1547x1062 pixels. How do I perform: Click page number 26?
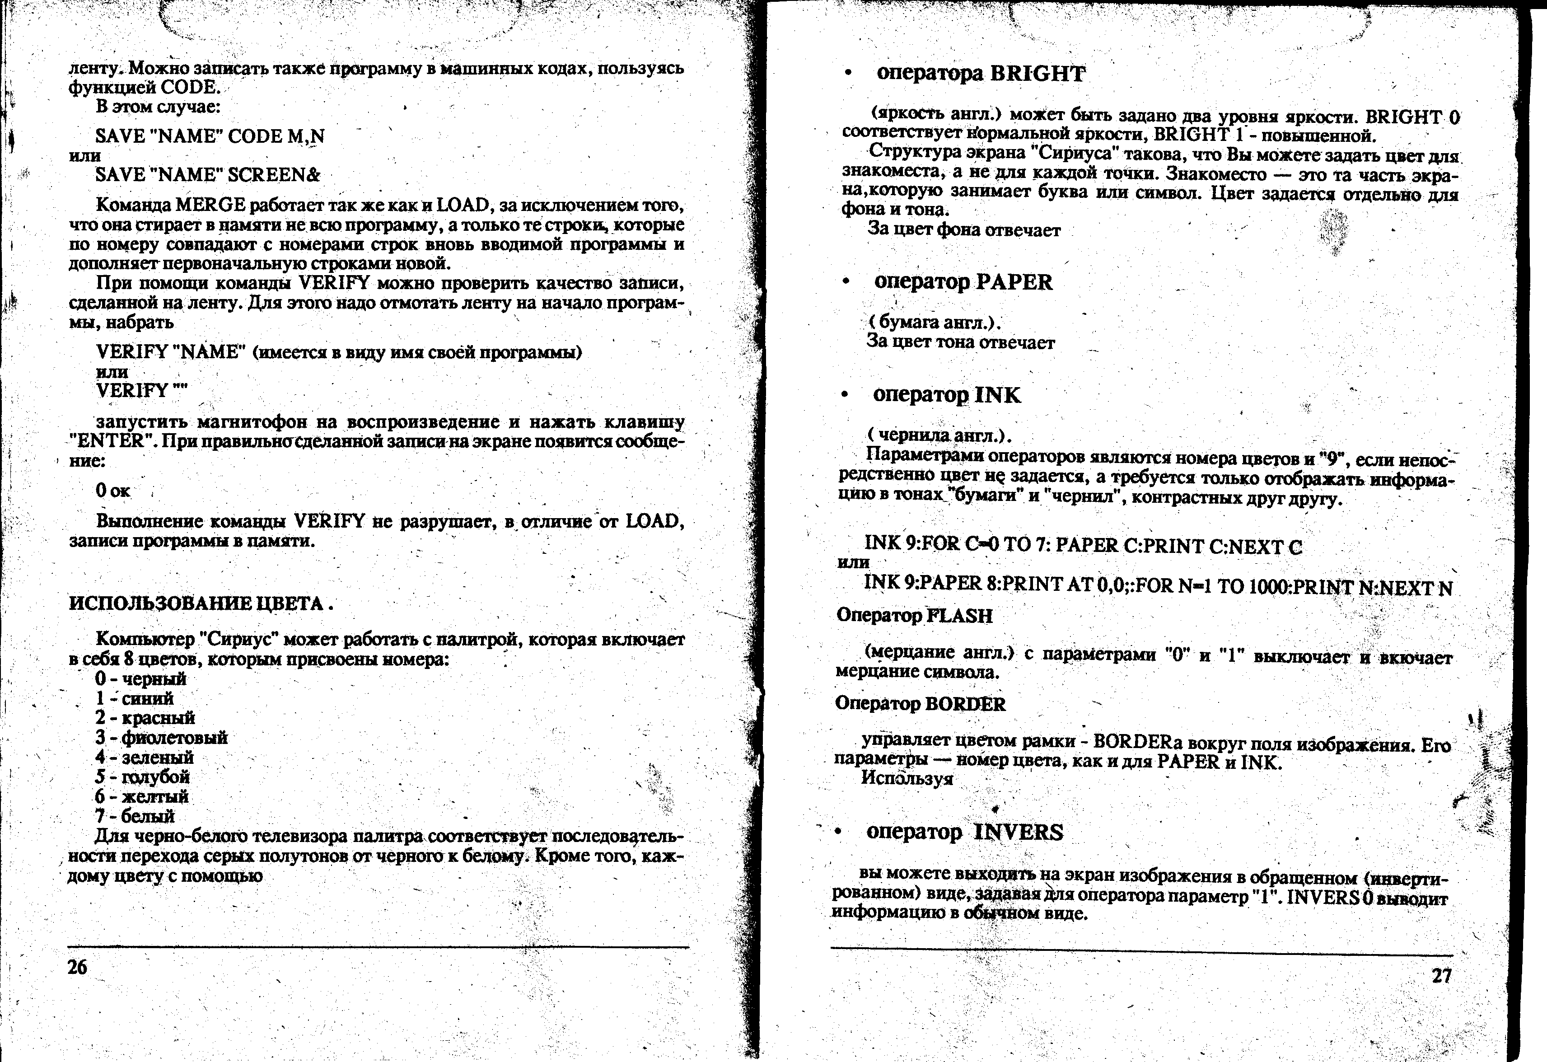point(77,967)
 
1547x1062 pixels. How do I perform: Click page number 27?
point(1442,976)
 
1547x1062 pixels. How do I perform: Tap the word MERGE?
point(211,205)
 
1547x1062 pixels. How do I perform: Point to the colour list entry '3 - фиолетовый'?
point(161,738)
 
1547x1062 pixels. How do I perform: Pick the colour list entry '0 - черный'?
point(140,679)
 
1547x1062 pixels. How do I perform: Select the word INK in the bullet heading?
point(997,396)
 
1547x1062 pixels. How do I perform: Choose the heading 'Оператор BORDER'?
point(920,704)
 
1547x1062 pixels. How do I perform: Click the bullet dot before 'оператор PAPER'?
point(846,282)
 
